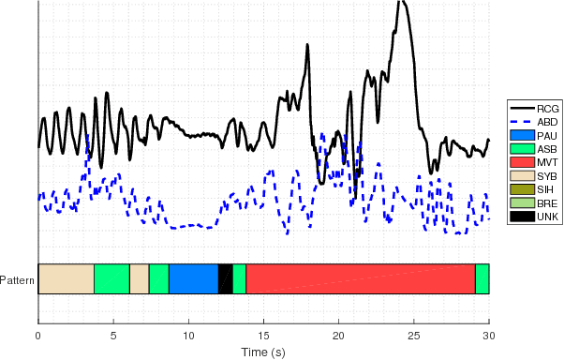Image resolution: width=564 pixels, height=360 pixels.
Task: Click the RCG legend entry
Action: [534, 109]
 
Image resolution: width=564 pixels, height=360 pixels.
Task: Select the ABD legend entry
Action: [534, 122]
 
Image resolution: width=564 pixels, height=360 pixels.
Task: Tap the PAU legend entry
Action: [534, 136]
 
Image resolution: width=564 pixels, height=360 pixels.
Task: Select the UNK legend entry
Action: [534, 217]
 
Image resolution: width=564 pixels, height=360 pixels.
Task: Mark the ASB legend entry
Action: [534, 149]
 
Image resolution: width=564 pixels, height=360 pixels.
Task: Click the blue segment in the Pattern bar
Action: [193, 278]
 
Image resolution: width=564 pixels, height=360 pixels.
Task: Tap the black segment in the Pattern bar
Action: [225, 278]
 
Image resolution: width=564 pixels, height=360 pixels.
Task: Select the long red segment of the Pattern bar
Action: [361, 278]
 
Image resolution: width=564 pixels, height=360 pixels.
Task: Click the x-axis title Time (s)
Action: [263, 352]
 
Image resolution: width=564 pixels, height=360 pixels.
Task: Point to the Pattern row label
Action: [17, 279]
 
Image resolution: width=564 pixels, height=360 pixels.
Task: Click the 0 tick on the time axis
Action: [38, 334]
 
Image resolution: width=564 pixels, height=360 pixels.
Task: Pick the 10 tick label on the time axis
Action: [188, 334]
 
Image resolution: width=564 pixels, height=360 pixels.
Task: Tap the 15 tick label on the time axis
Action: [263, 334]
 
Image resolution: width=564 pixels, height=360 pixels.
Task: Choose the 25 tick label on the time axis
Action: [414, 334]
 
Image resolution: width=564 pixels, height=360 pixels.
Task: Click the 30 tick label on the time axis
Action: [489, 334]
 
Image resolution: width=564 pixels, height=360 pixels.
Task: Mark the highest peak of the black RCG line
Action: [400, 2]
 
